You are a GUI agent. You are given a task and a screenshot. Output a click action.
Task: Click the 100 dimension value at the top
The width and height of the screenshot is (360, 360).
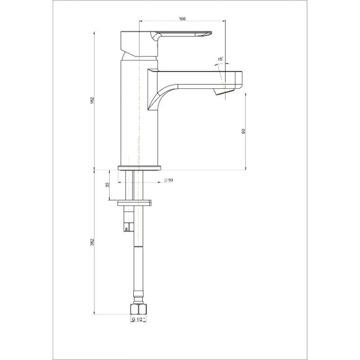182,19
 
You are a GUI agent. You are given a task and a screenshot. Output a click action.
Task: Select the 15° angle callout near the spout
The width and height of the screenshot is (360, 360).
221,58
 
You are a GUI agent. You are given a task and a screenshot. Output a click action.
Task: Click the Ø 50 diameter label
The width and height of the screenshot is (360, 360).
169,181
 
